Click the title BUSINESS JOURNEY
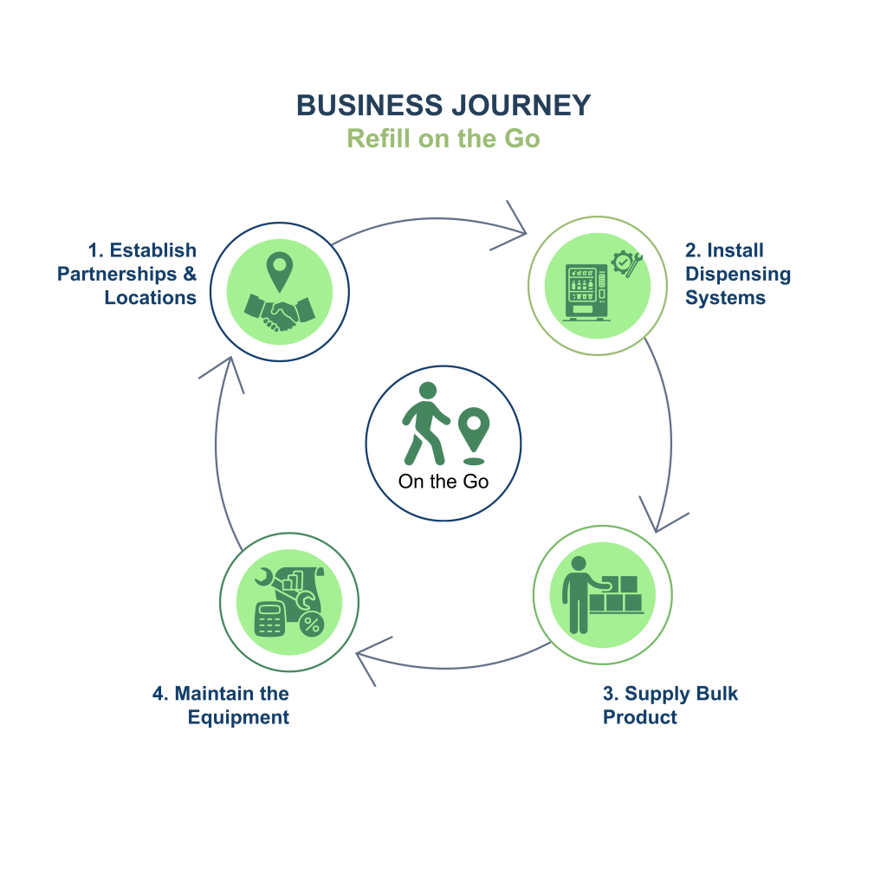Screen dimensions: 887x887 (x=443, y=106)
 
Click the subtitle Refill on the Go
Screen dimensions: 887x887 (x=443, y=139)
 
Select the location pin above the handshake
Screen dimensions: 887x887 (x=277, y=271)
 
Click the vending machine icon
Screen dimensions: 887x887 (x=586, y=292)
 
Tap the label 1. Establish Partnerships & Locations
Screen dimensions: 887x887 (x=128, y=274)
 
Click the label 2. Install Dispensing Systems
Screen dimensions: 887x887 (x=737, y=274)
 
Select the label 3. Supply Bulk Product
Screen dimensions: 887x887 (x=670, y=705)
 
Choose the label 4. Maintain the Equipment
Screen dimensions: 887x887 (x=222, y=705)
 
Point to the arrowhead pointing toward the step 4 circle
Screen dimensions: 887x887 (x=367, y=657)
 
